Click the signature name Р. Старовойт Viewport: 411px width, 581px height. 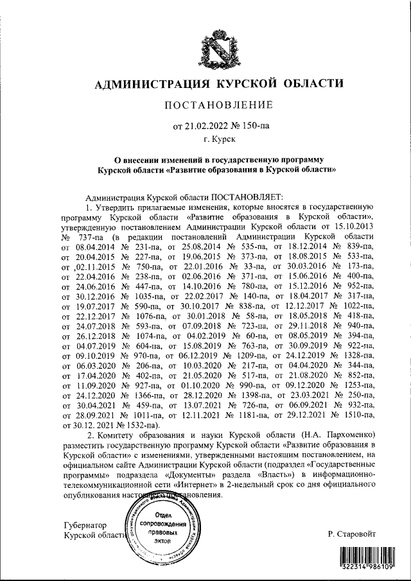point(352,533)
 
